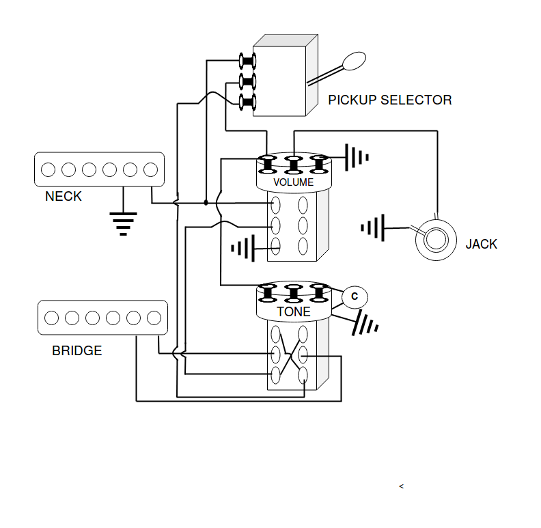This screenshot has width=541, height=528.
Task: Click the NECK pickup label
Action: coord(64,196)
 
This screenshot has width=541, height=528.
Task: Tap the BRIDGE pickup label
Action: coord(77,350)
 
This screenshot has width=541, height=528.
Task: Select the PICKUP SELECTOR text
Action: coord(390,100)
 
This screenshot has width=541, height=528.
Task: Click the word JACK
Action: coord(482,244)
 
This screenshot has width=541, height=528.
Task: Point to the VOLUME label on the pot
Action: coord(294,182)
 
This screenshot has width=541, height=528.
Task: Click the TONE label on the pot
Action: coord(294,311)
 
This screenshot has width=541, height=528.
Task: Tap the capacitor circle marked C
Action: coord(355,296)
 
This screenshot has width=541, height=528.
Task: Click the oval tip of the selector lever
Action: coord(354,61)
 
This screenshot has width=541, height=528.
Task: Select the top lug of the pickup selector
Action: coord(248,61)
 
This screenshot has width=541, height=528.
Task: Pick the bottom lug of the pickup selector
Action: coord(248,102)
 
